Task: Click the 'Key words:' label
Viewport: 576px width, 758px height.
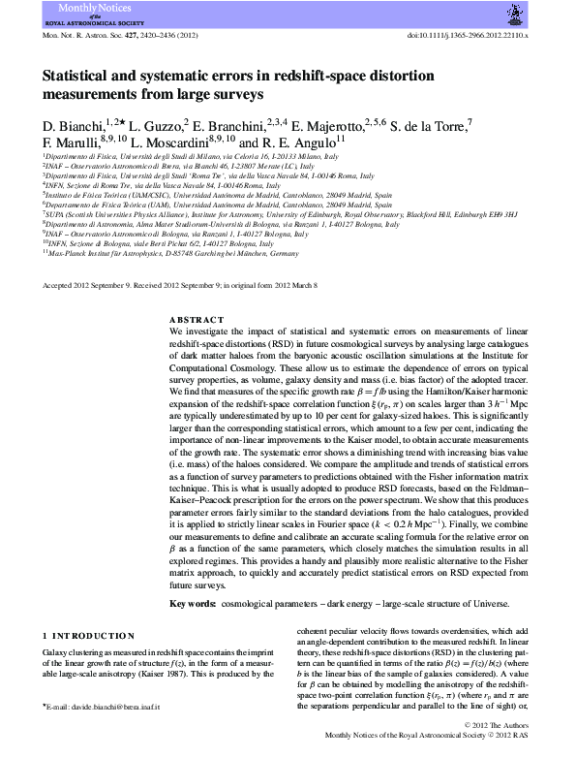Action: coord(193,603)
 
